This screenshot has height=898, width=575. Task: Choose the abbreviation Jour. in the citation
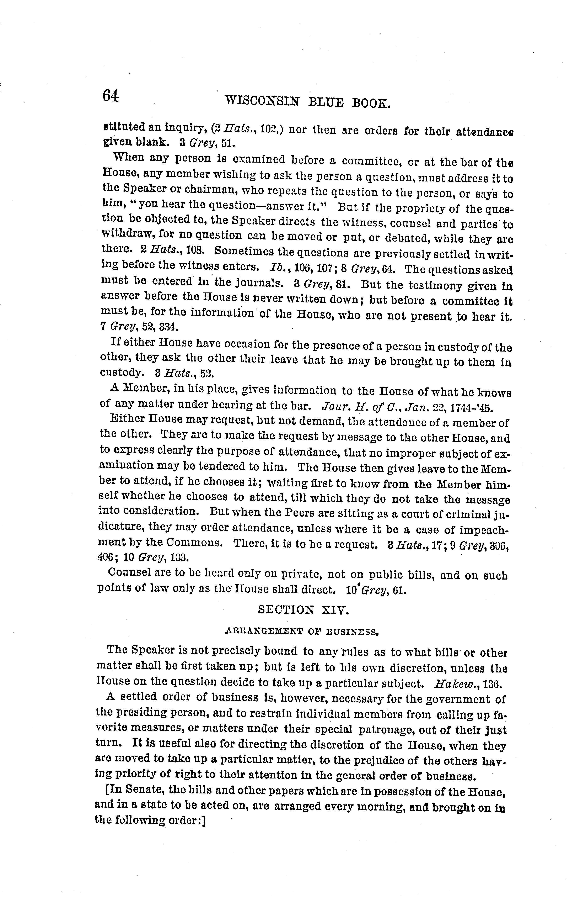(334, 406)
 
